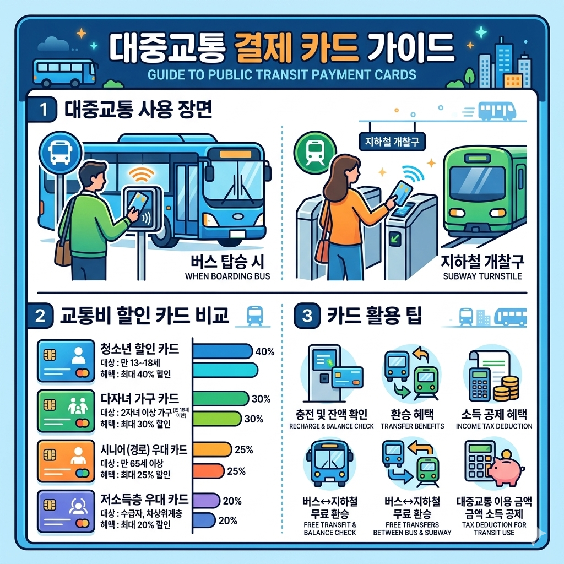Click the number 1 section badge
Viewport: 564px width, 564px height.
(x=42, y=109)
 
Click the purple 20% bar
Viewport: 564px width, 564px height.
(x=207, y=500)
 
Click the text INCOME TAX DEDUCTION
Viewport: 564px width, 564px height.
(x=494, y=426)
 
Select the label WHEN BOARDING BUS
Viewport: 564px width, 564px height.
(x=227, y=276)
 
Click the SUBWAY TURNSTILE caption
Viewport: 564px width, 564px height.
(x=482, y=276)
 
